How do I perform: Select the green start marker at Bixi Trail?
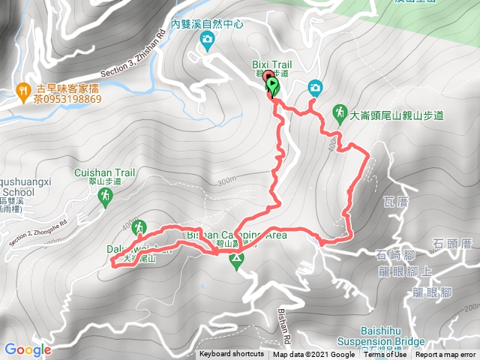coord(271,87)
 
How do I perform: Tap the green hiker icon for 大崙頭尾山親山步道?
coord(340,112)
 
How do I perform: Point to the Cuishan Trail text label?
coord(104,172)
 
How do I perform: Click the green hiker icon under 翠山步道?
coord(104,196)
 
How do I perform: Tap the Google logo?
coord(28,349)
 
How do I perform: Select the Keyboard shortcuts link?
coord(231,354)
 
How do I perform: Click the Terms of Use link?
coord(385,354)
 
